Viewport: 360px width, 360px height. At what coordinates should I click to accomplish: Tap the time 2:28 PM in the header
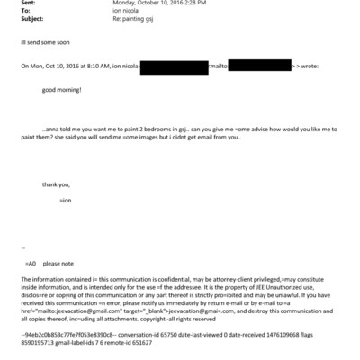coord(186,3)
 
